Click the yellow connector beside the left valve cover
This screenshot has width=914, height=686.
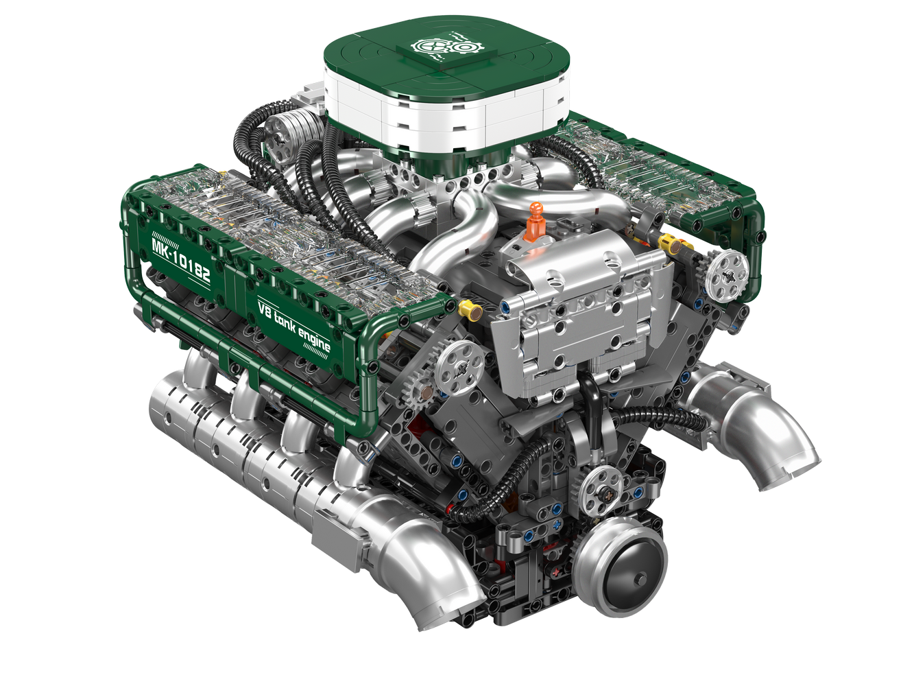point(470,311)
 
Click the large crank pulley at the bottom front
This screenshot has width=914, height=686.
point(621,570)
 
